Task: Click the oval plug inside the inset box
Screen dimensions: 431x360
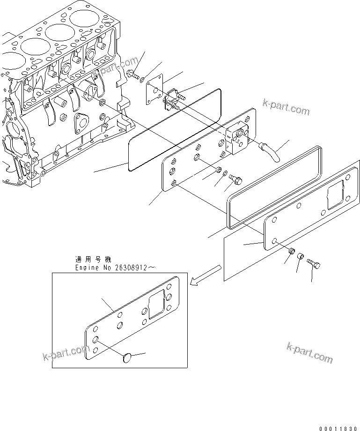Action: point(125,358)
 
